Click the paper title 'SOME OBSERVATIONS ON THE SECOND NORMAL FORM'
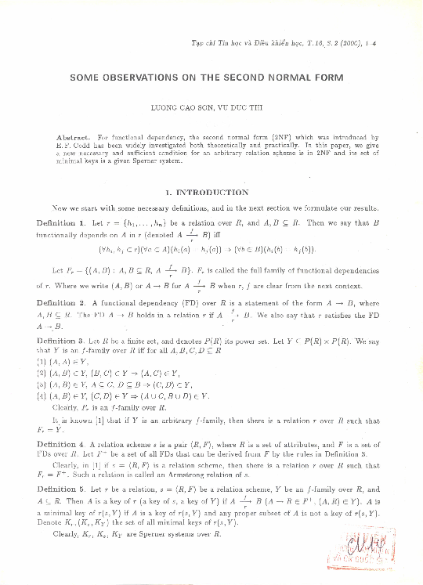click(211, 78)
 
